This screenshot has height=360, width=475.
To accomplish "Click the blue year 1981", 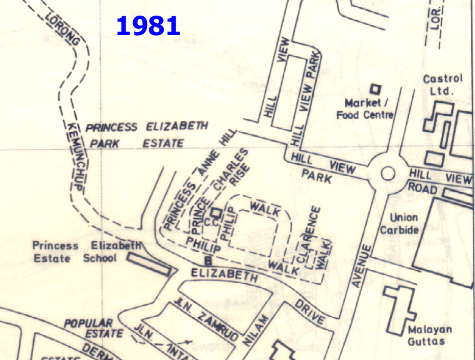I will (x=148, y=26).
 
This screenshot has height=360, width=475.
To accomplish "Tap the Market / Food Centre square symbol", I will (x=376, y=89).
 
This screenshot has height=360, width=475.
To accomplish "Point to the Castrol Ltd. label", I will (x=442, y=85).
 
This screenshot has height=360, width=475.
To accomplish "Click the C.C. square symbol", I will (x=216, y=212).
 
